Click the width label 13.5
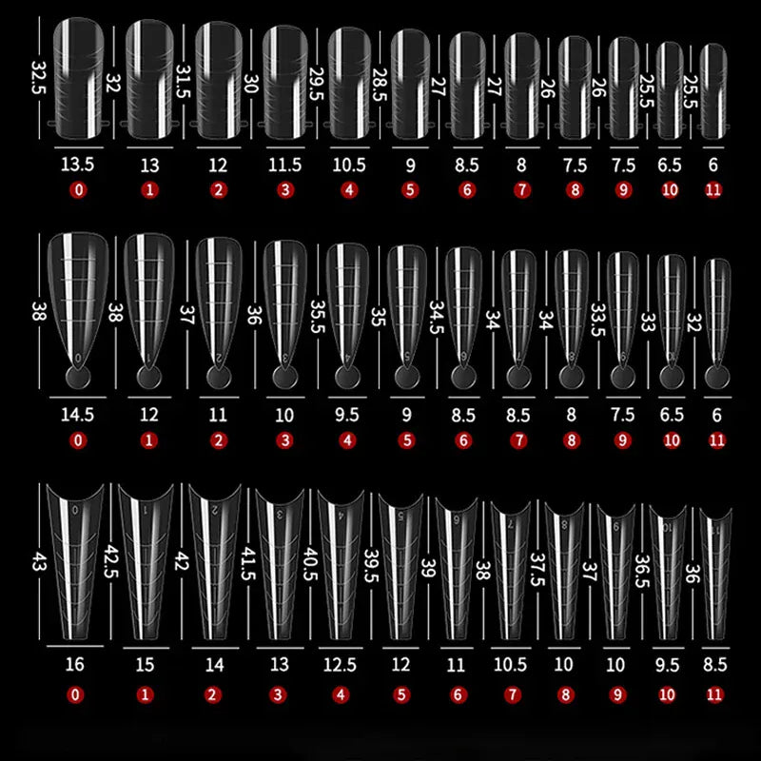point(78,165)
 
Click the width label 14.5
point(78,415)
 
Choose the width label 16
point(76,665)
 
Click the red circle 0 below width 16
point(76,693)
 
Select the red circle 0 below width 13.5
point(78,190)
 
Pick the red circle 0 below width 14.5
point(78,440)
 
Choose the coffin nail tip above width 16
point(76,561)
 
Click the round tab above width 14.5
point(78,379)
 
